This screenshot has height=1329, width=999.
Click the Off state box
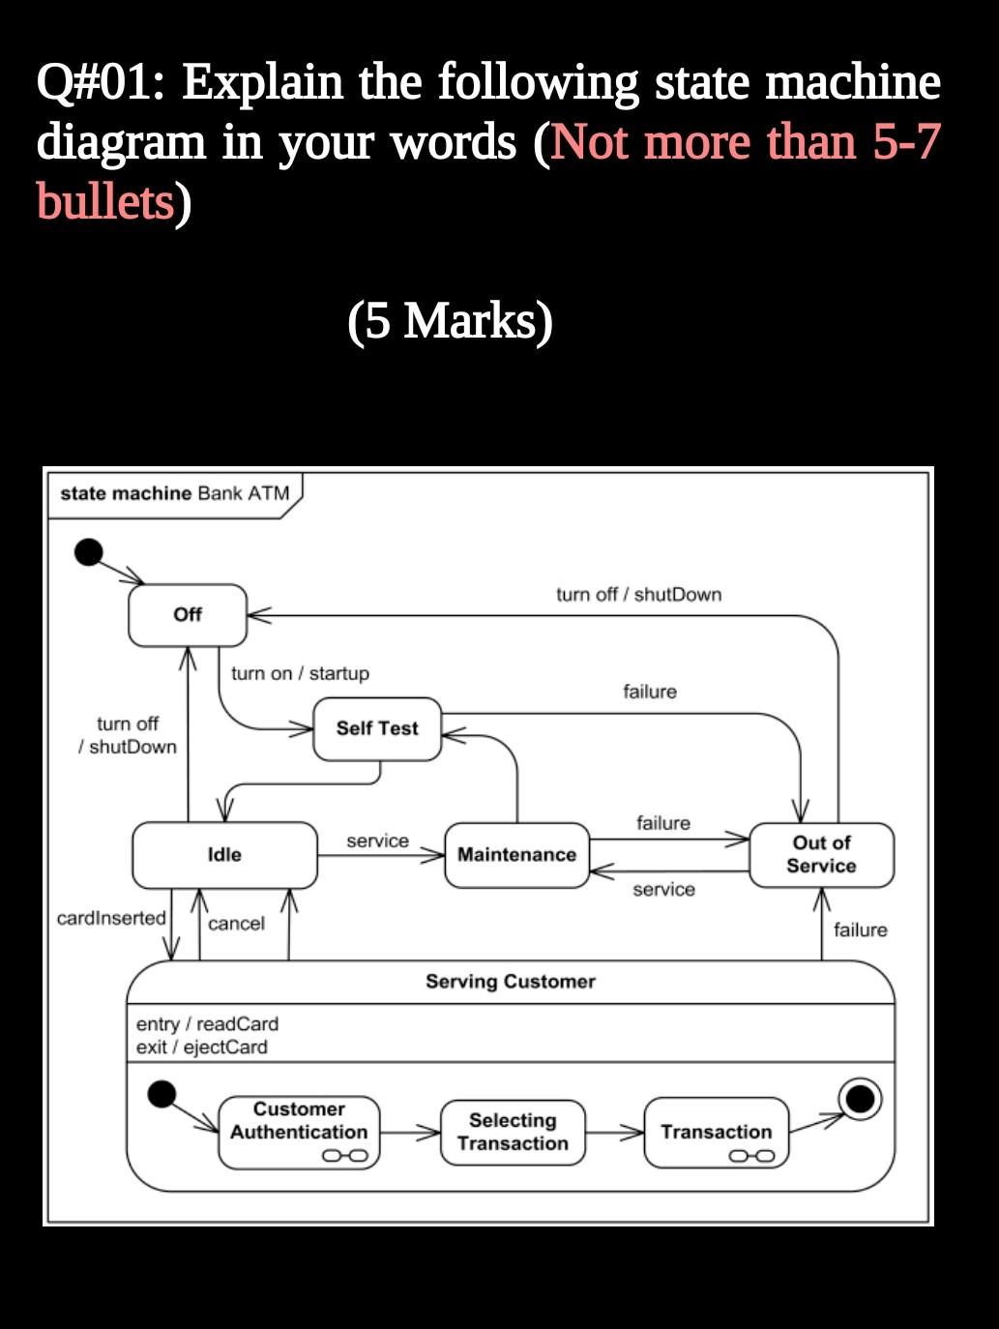[x=188, y=614]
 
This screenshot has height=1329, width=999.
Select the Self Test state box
[x=377, y=728]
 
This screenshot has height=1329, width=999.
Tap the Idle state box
[x=224, y=855]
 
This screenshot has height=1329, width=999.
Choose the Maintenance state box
[x=516, y=855]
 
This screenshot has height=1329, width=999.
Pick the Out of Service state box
[x=821, y=855]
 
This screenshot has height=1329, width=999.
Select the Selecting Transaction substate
[x=513, y=1132]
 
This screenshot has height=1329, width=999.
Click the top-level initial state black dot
[x=88, y=552]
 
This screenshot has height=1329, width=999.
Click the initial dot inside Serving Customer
[x=161, y=1094]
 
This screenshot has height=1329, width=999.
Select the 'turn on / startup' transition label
[x=300, y=673]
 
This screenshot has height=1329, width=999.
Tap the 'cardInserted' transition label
[x=111, y=918]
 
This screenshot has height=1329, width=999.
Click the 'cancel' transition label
[x=236, y=924]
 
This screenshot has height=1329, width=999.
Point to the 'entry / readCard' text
[x=207, y=1023]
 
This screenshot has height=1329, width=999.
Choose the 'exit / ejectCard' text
[x=202, y=1047]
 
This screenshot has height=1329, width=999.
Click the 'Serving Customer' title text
[x=511, y=982]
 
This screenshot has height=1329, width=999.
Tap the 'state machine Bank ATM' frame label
[x=174, y=493]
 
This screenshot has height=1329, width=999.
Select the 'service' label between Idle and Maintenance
[x=377, y=842]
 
